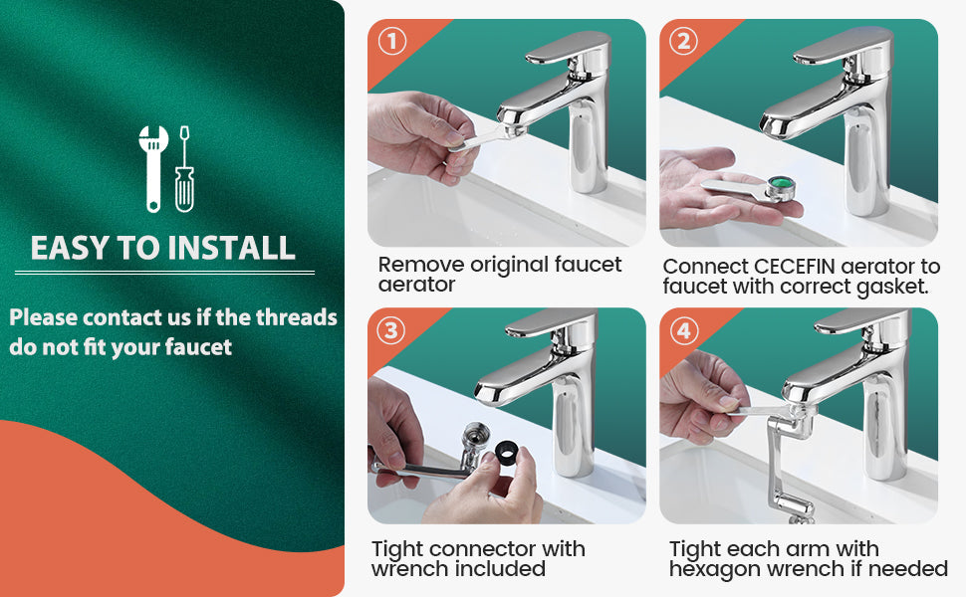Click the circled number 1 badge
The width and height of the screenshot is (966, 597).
pyautogui.click(x=392, y=41)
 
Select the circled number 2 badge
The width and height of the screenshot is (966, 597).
pyautogui.click(x=684, y=41)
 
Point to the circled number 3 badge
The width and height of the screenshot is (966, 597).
pyautogui.click(x=390, y=330)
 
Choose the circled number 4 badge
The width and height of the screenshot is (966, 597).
pyautogui.click(x=683, y=330)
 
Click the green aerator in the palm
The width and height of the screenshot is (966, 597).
pyautogui.click(x=780, y=186)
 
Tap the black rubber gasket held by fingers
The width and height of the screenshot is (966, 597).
pyautogui.click(x=507, y=453)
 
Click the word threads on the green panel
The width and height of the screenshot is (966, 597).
pyautogui.click(x=297, y=317)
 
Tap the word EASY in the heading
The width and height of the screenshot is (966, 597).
pyautogui.click(x=70, y=248)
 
